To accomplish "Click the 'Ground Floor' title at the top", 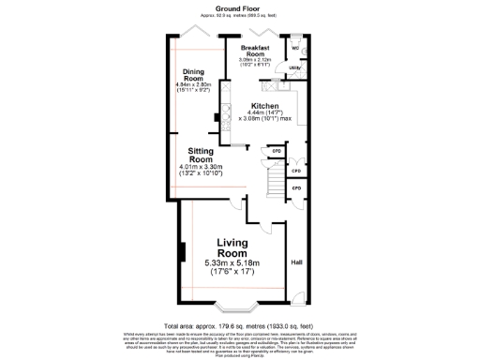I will click(239, 7).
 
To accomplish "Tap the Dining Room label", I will click(193, 76).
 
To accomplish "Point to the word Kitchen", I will click(266, 105).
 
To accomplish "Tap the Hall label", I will click(296, 262).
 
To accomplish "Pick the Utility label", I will click(294, 67).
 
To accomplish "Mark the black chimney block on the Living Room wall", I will click(182, 251).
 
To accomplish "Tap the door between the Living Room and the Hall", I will click(272, 229).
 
